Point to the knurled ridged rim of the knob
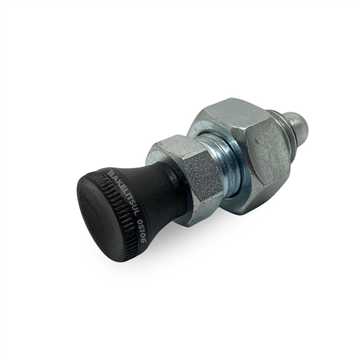[x=122, y=216]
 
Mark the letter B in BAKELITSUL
[x=110, y=175]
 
